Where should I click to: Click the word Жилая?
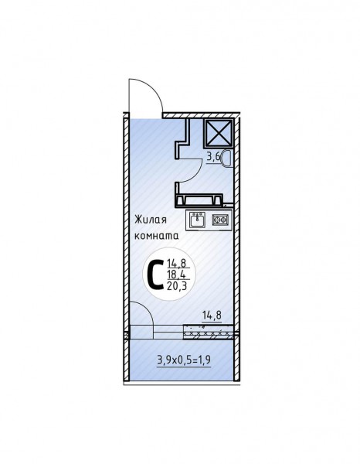click(151, 220)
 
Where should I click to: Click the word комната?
click(157, 237)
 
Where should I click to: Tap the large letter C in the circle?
click(154, 275)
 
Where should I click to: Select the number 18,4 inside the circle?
click(176, 275)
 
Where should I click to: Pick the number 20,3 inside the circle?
click(177, 286)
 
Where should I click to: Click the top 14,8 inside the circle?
click(176, 264)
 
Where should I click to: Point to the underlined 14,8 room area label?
click(212, 316)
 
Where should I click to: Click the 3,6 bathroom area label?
click(213, 157)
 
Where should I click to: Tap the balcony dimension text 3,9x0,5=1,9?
click(184, 360)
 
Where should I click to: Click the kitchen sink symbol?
click(197, 220)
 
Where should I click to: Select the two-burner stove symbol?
click(220, 220)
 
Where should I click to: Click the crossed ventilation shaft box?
click(219, 133)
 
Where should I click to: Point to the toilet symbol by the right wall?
click(227, 159)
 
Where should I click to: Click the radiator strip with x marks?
click(209, 332)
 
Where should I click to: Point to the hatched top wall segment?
click(202, 115)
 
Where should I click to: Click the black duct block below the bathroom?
click(199, 200)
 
